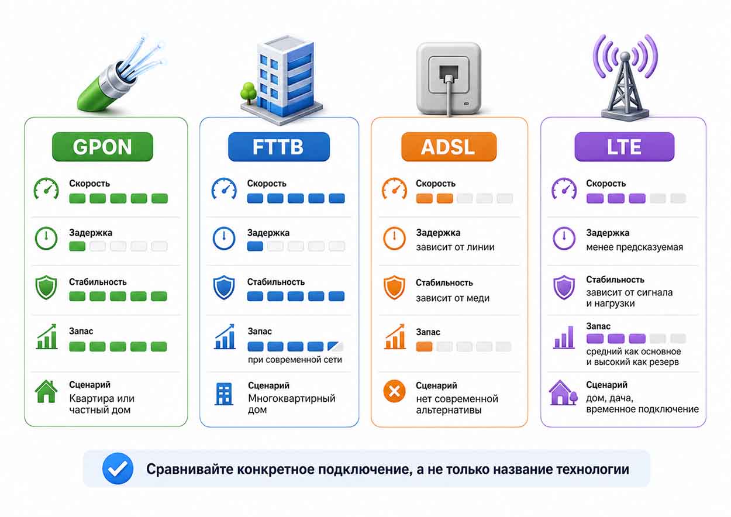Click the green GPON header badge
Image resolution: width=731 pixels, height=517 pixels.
(x=102, y=147)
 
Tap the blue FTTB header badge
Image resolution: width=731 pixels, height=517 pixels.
(x=279, y=147)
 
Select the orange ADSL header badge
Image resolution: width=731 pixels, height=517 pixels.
(x=449, y=147)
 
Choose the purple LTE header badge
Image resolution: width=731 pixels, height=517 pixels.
(x=625, y=147)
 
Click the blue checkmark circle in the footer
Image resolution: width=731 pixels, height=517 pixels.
(x=118, y=468)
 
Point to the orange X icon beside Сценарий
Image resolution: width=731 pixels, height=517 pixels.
(x=394, y=391)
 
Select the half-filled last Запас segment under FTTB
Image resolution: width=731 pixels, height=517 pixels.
(x=336, y=346)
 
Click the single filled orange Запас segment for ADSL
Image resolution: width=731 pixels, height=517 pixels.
(x=424, y=346)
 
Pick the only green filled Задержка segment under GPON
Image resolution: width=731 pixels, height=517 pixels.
(x=77, y=246)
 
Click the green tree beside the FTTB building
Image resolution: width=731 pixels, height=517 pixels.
(x=249, y=92)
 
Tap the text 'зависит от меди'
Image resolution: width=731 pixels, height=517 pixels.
(x=452, y=298)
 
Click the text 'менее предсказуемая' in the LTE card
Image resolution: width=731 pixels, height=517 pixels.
(x=635, y=247)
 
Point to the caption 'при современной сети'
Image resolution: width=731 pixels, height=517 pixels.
(x=295, y=360)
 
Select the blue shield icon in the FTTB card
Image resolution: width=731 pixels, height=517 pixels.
(x=224, y=288)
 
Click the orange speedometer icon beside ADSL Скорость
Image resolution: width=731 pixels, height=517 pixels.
(x=394, y=188)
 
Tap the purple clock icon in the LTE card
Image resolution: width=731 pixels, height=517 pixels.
(x=564, y=238)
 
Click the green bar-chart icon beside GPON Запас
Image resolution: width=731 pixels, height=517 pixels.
(x=47, y=336)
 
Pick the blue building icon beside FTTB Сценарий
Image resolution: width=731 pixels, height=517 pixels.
(x=224, y=394)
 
